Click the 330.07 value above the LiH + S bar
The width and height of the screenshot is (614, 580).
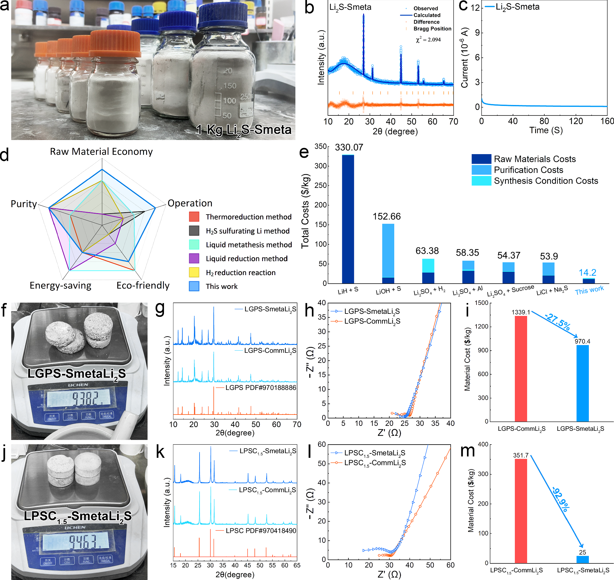click(349, 147)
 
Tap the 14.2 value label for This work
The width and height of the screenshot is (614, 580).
click(587, 272)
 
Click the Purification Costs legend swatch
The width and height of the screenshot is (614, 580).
click(481, 170)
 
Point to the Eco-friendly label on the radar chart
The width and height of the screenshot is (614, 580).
click(143, 285)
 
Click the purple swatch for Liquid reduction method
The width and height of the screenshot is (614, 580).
click(194, 259)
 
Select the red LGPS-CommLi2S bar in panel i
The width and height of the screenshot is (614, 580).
click(521, 368)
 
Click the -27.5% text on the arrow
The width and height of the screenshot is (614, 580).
click(558, 322)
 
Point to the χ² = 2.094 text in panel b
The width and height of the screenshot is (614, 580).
click(428, 40)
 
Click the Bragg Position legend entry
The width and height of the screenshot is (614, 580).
click(432, 29)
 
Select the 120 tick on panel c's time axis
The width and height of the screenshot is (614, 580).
click(576, 121)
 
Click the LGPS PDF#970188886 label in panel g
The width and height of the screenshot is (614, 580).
click(261, 388)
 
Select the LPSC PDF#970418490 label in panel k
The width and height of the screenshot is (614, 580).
click(261, 531)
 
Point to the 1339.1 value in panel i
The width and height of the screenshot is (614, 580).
click(521, 312)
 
